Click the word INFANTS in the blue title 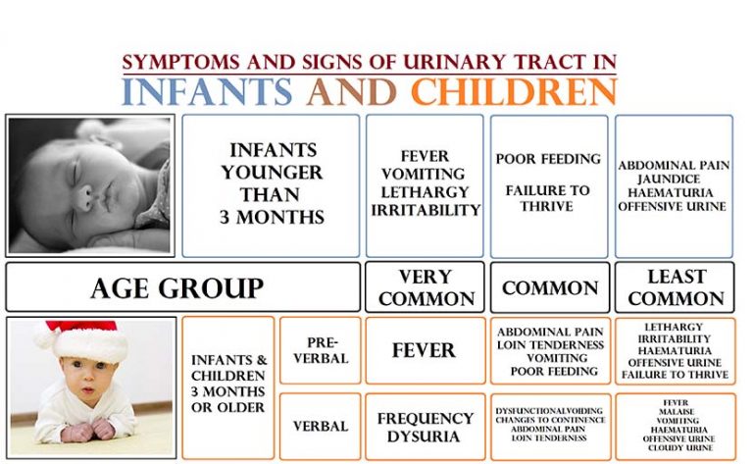point(207,91)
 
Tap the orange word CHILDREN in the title point(514,91)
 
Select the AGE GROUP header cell point(182,287)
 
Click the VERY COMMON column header point(425,287)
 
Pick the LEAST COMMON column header point(675,287)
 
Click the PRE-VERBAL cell point(321,350)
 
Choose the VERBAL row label point(321,426)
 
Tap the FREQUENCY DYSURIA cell point(425,427)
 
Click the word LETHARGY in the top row point(425,192)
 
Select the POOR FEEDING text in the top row point(548,159)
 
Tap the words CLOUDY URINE point(680,448)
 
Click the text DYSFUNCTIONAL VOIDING point(549,411)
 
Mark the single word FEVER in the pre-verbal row point(424,350)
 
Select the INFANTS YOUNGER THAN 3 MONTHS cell point(271,185)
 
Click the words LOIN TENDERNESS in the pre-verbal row point(550,345)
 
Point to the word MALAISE point(677,412)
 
